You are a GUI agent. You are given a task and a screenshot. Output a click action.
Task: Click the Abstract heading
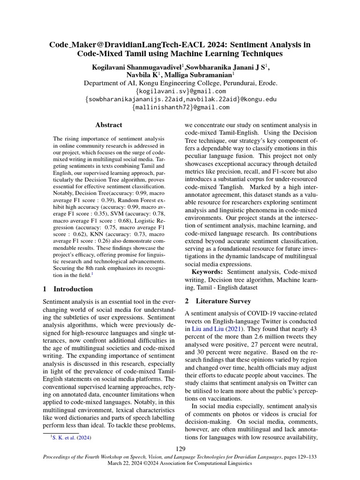(x=109, y=125)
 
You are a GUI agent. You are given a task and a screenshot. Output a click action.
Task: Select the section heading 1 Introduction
(x=67, y=289)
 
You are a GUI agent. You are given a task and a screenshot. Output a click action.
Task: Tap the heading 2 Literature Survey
(x=218, y=300)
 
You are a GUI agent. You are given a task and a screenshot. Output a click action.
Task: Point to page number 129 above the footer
(x=180, y=449)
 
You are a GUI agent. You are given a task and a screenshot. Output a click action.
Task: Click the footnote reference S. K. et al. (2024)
(x=72, y=438)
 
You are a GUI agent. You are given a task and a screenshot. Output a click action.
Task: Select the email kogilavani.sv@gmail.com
(x=180, y=91)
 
